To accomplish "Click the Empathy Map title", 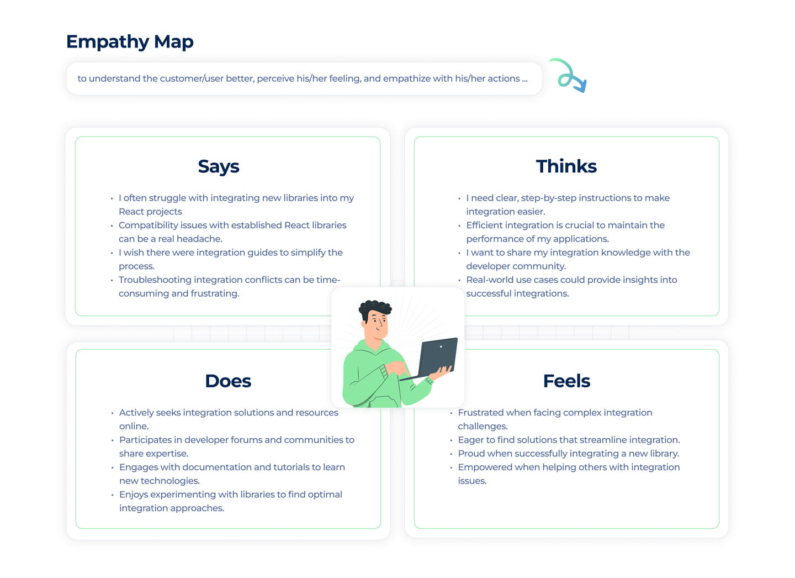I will point(130,42).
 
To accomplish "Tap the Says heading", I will point(219,166).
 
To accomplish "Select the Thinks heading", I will point(566,166).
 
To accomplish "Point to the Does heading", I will point(228,381).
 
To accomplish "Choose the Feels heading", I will point(566,381).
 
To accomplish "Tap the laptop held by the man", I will point(438,357).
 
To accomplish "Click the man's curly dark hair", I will point(375,307).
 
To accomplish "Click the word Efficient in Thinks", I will point(484,225).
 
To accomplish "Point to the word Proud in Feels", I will point(471,454).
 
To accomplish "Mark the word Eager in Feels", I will point(470,440).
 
